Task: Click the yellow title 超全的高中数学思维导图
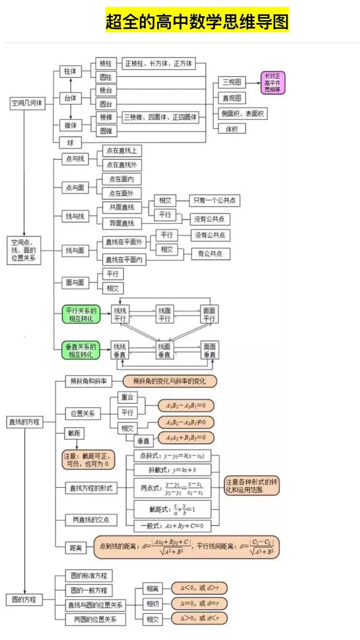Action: (x=197, y=21)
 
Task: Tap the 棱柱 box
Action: (x=106, y=63)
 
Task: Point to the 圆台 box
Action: (x=106, y=104)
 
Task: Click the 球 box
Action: (x=71, y=143)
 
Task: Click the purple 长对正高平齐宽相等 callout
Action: (x=274, y=83)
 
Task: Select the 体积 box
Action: (x=232, y=129)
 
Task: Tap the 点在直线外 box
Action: (x=121, y=165)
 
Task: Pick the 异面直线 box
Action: (x=121, y=223)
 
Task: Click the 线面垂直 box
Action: (x=164, y=351)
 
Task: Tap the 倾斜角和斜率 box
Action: (x=89, y=381)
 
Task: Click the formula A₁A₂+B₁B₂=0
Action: (x=185, y=437)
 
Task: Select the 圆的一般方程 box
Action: (x=89, y=590)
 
